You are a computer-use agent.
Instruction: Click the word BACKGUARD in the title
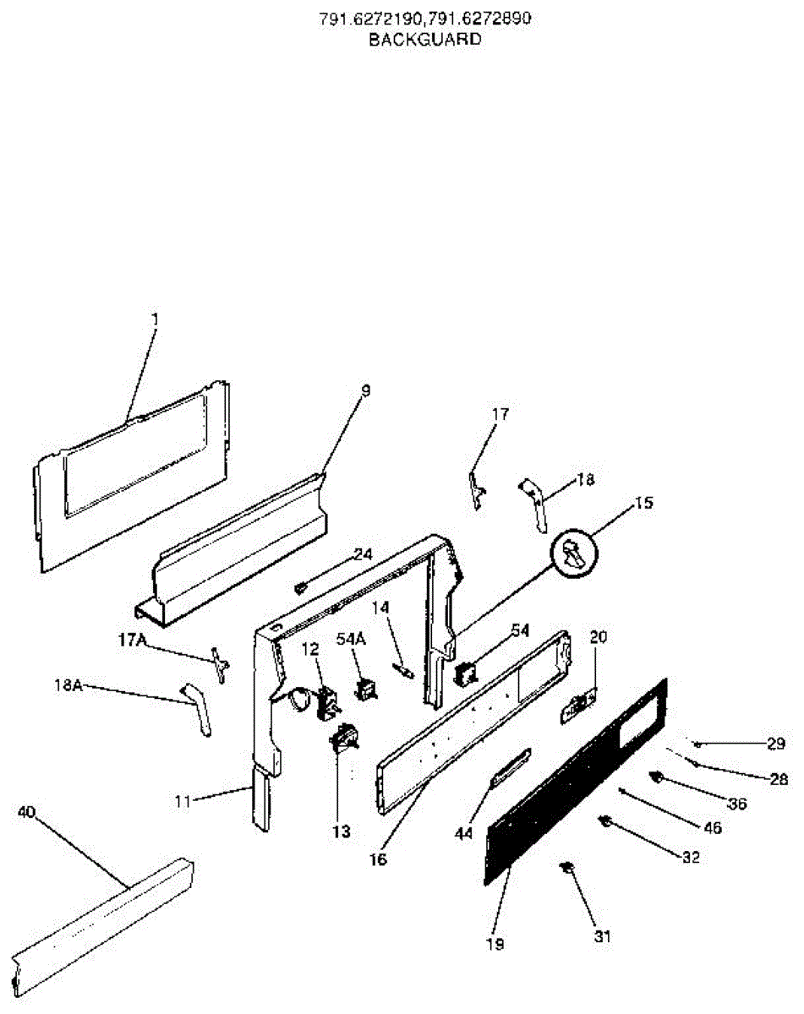tap(424, 39)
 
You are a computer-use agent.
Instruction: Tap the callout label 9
tap(365, 391)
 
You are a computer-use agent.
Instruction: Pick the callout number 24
tap(362, 554)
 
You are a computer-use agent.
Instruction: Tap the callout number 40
tap(26, 811)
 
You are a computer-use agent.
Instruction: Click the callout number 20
tap(598, 638)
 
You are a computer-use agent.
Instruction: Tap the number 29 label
tap(776, 744)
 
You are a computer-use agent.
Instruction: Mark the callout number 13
tap(340, 831)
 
